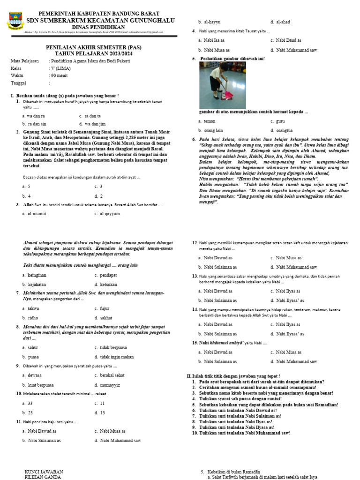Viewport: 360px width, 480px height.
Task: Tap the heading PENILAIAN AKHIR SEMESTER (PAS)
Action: pyautogui.click(x=93, y=47)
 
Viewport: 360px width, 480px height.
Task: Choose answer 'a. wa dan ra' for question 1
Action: pyautogui.click(x=34, y=115)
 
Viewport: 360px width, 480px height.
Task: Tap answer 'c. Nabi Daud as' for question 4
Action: pyautogui.click(x=285, y=40)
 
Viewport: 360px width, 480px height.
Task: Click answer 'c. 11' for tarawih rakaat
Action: pyautogui.click(x=99, y=403)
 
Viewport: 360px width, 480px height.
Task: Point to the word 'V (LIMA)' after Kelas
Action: pyautogui.click(x=61, y=68)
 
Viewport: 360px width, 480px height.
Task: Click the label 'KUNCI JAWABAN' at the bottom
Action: pyautogui.click(x=44, y=472)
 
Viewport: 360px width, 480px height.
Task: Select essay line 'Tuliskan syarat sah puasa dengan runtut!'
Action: pyautogui.click(x=239, y=398)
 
